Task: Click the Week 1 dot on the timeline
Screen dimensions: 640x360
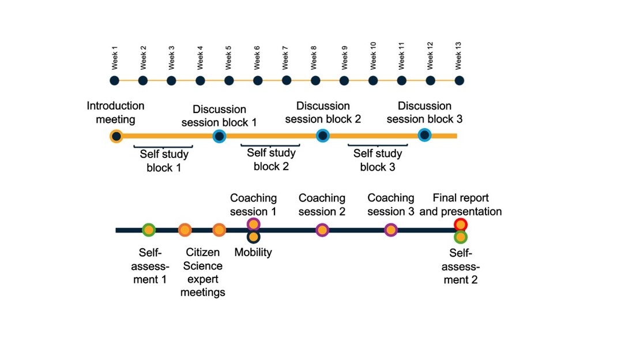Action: (114, 81)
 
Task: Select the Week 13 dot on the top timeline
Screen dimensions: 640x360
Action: (459, 81)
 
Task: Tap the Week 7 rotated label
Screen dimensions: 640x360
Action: (285, 58)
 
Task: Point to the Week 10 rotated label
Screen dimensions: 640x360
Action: (373, 55)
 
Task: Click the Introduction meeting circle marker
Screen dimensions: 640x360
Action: (116, 136)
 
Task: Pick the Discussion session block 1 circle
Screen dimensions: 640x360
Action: (219, 136)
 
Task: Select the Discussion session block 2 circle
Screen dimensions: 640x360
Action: (322, 136)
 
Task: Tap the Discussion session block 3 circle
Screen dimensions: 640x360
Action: (424, 134)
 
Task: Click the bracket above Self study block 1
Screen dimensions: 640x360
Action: (163, 147)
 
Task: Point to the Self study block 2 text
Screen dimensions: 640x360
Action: (271, 159)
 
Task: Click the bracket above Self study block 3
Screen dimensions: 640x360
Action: (378, 145)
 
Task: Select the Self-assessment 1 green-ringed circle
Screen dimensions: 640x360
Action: (149, 230)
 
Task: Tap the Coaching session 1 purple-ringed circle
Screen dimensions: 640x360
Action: (254, 224)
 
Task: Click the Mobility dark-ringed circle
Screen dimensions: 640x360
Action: (254, 237)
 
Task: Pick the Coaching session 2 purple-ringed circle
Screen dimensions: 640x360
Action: (322, 230)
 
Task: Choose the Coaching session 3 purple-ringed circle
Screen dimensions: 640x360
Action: (390, 230)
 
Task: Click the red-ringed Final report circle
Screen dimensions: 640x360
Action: (461, 224)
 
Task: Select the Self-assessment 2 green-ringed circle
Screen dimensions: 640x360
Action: (461, 237)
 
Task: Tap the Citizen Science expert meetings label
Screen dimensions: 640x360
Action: (203, 272)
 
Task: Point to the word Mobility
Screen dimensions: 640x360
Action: (253, 252)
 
